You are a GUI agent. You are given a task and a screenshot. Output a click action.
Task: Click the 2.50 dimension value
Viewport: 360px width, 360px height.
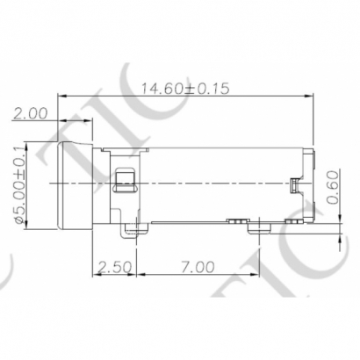(x=114, y=266)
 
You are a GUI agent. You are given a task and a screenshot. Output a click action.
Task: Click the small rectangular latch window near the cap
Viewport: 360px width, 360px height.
(x=125, y=182)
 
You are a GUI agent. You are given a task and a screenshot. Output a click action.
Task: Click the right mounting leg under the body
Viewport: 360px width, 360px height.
(x=260, y=227)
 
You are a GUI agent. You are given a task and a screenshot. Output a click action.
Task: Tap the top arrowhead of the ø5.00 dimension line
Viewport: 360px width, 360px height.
(x=26, y=145)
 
